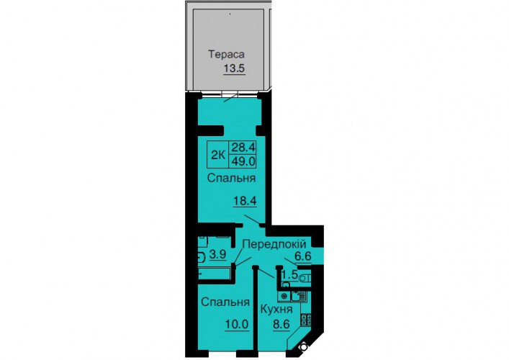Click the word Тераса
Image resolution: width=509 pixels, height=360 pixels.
pos(226,54)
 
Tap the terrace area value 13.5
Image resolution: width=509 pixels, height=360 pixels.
pos(234,68)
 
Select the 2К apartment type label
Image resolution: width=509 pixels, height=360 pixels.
pos(218,156)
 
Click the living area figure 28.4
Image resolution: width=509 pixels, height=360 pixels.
pos(243,148)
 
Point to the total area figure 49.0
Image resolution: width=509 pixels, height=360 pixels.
pos(243,161)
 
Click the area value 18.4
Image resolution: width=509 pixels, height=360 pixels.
pos(245,201)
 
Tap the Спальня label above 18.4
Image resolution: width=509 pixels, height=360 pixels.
pos(231,178)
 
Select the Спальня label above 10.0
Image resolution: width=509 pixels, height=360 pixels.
pos(225,302)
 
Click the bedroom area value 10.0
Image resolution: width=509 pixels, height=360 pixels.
pos(237,324)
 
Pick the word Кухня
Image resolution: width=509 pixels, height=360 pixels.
pos(276,309)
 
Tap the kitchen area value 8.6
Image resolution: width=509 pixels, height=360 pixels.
pos(281,324)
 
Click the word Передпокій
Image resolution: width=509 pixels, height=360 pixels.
pos(274,244)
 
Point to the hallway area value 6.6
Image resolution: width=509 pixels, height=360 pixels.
pos(303,256)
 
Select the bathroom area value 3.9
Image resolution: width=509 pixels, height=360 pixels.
pos(217,254)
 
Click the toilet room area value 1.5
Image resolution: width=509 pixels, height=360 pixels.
pos(289,274)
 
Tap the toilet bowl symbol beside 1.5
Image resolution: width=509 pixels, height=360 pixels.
pos(305,278)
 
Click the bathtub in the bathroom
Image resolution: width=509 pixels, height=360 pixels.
pos(215,274)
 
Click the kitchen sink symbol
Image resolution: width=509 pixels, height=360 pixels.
pos(298,296)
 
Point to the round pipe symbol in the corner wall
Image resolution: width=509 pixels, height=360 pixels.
pos(304,347)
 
